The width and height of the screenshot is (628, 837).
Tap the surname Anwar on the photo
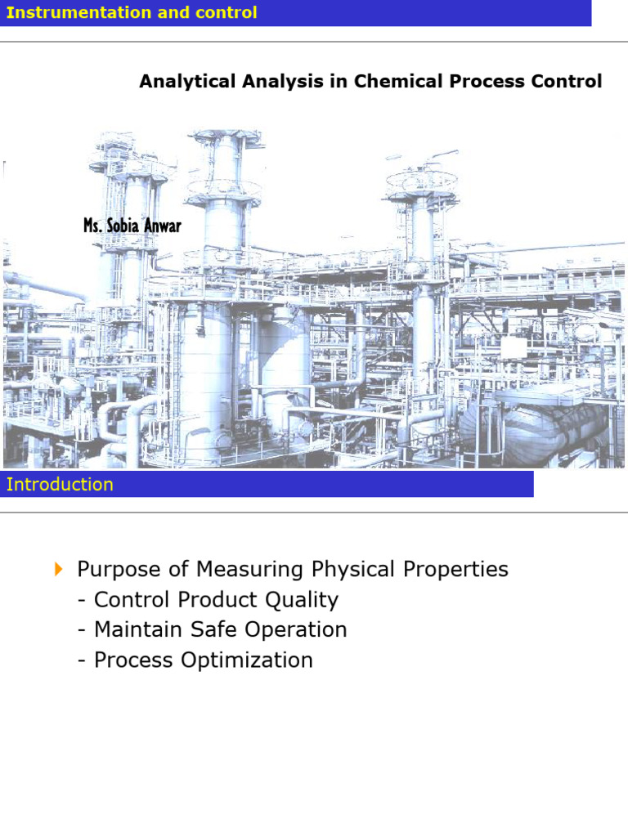[x=164, y=225]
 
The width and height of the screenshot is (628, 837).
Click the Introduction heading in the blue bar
[x=60, y=484]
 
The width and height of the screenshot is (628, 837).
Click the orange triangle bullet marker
[x=58, y=569]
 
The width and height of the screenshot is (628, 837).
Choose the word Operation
[x=295, y=630]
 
